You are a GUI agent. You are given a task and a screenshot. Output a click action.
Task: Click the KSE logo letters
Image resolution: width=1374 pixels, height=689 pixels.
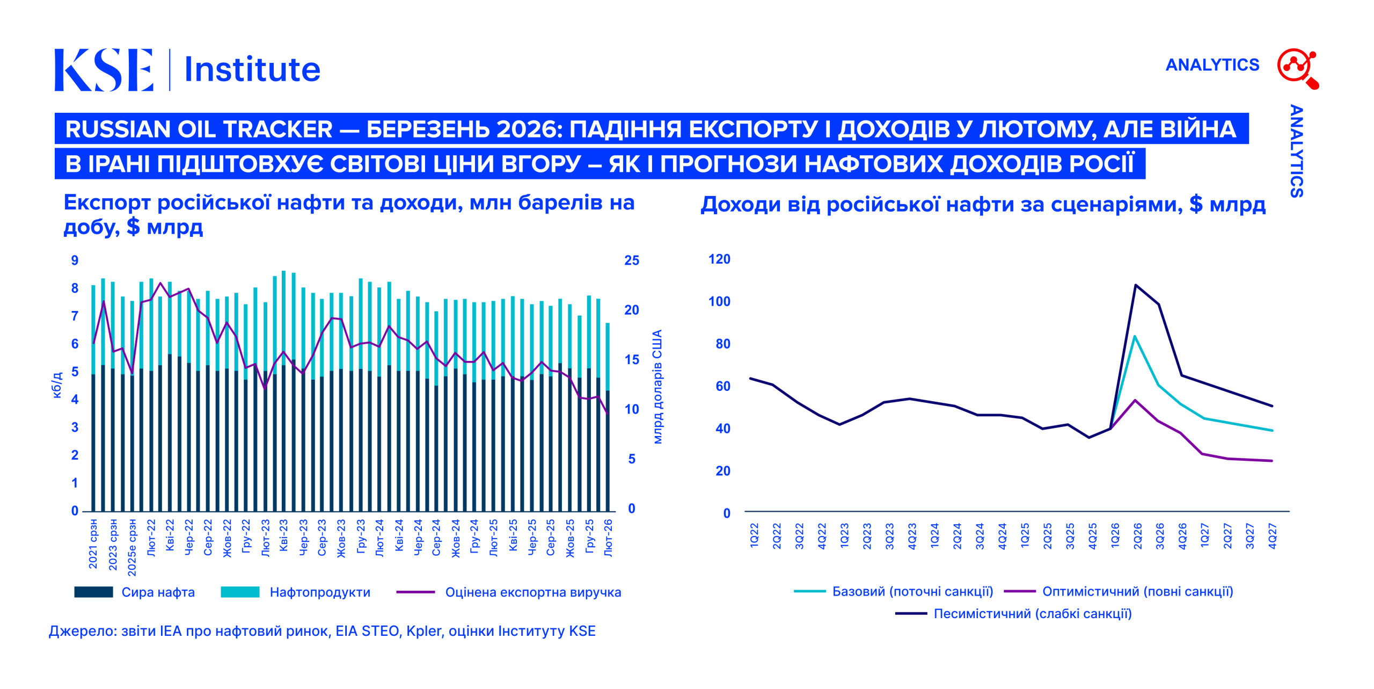click(104, 70)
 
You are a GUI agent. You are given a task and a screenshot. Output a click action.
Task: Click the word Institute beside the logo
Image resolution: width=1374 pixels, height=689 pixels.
click(252, 70)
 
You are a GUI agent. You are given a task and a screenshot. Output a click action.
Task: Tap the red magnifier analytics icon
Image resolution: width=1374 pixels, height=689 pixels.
click(1297, 68)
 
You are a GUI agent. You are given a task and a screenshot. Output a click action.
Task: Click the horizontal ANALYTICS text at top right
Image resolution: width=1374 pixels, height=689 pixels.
click(1212, 65)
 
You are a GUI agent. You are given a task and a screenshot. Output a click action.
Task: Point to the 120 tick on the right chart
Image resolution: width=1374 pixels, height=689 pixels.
click(719, 259)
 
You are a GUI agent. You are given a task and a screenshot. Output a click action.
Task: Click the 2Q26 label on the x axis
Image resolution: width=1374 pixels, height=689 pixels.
click(1137, 536)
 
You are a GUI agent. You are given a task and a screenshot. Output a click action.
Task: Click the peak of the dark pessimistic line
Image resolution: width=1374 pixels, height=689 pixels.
click(1135, 285)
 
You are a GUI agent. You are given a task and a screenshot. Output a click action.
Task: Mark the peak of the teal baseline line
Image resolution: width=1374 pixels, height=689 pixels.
click(1135, 336)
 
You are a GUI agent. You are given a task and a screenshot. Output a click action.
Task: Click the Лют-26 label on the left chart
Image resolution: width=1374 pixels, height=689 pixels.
click(608, 538)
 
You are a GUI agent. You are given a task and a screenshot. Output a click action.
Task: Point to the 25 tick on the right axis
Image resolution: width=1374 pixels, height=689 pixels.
click(632, 260)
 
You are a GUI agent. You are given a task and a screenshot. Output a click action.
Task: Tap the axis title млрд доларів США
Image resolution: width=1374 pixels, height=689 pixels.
click(657, 387)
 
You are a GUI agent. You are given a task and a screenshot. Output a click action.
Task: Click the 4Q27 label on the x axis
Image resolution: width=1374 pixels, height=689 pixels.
click(1272, 536)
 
